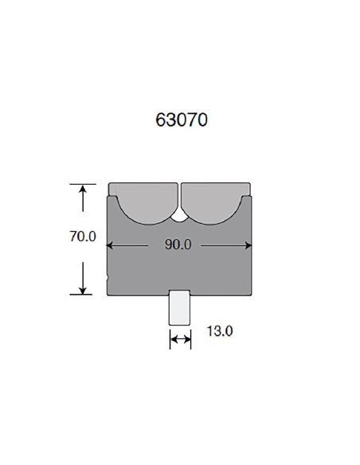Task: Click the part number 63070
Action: (182, 121)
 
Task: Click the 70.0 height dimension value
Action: (83, 237)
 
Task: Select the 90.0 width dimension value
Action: (178, 244)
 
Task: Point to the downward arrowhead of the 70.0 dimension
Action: (83, 289)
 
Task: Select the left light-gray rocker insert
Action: (143, 202)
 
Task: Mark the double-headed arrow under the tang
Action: (180, 340)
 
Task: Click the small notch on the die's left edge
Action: (108, 278)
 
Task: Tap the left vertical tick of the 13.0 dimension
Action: (170, 340)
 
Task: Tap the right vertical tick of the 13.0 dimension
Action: (190, 340)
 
